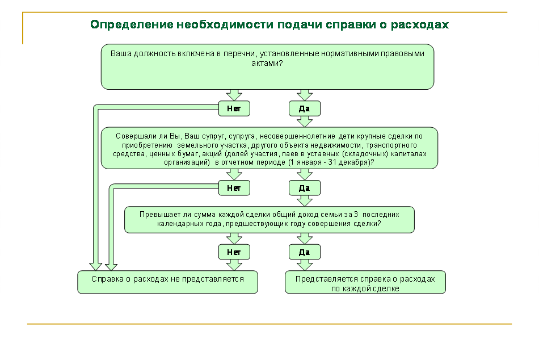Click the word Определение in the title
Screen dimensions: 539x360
tap(132, 25)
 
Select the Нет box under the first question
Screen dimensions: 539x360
tap(234, 108)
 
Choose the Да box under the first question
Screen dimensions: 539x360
tap(305, 108)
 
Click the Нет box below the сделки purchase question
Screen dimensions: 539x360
tap(234, 188)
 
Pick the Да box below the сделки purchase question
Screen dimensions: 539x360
tap(305, 188)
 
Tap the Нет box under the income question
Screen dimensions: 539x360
tap(234, 252)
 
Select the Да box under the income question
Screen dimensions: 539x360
tap(305, 252)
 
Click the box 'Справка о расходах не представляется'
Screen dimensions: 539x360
tap(168, 282)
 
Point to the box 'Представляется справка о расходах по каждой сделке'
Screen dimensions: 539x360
tap(365, 282)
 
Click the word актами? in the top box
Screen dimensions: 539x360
tap(267, 64)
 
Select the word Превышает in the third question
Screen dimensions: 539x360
tap(155, 215)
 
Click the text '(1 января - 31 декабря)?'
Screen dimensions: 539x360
tap(331, 162)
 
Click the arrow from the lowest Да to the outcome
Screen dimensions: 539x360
tap(305, 265)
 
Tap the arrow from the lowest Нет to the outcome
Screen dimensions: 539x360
tap(234, 265)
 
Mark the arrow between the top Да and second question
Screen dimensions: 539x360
tap(305, 122)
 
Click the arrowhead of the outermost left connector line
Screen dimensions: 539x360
tap(95, 267)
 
